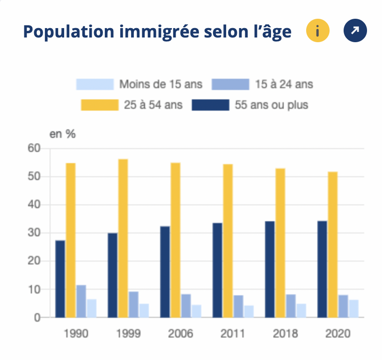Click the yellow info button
coord(318,31)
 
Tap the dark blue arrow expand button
coord(355,31)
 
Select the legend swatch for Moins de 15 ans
coord(95,84)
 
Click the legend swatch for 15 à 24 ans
coord(231,84)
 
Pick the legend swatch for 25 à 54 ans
coord(100,104)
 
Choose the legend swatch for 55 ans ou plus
coord(211,104)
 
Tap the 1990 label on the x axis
coord(76,334)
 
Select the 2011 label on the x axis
coord(233,334)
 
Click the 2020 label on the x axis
coord(338,334)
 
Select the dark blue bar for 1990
coord(60,279)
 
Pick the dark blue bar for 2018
coord(270,269)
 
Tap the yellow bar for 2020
coord(333,244)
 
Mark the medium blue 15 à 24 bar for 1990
coord(81,301)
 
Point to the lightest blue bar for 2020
coord(353,308)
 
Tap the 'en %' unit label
coord(63,134)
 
